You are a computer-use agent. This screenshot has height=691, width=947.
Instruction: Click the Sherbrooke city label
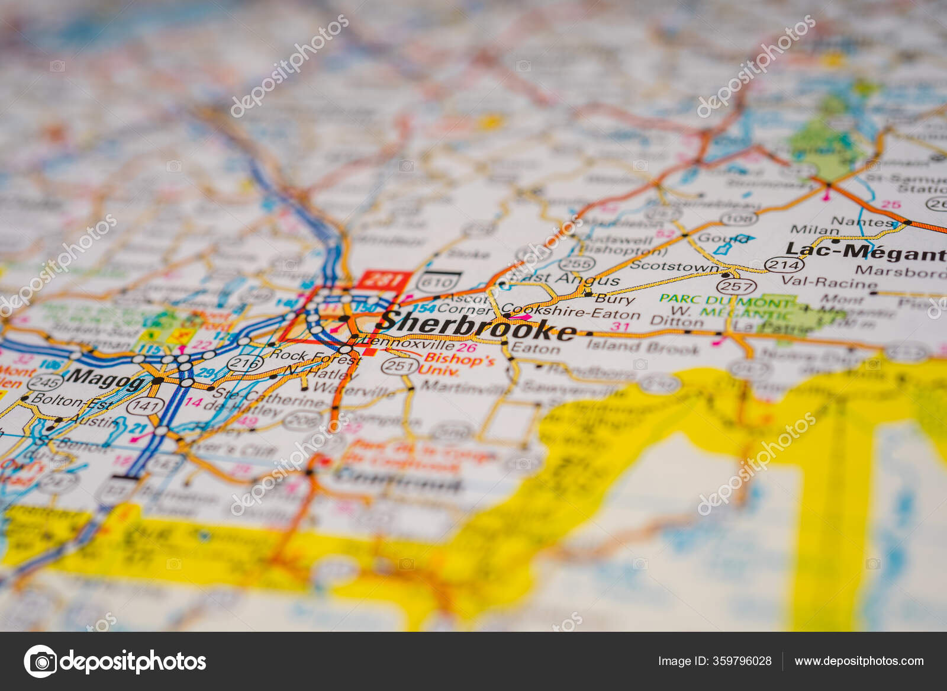coord(477,326)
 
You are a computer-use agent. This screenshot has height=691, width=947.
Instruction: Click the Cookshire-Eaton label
coord(571,311)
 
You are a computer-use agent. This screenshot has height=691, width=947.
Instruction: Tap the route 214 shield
coord(784,265)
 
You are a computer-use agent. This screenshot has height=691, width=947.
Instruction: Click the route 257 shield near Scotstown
coord(736,287)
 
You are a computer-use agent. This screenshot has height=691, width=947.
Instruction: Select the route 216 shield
coord(246,362)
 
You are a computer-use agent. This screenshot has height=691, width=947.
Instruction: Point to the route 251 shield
coord(400,366)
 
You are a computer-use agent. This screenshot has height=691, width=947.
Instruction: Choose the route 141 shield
coord(146,406)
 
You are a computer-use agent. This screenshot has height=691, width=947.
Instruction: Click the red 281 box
coord(385,279)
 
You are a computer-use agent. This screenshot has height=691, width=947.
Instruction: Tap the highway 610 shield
coord(439,282)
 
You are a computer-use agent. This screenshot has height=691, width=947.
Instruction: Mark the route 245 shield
coord(45,383)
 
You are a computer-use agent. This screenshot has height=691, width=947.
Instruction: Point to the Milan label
coord(806,230)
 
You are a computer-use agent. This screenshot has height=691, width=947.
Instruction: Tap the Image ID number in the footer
coord(714,661)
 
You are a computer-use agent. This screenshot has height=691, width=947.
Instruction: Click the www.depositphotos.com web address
coord(858,661)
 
